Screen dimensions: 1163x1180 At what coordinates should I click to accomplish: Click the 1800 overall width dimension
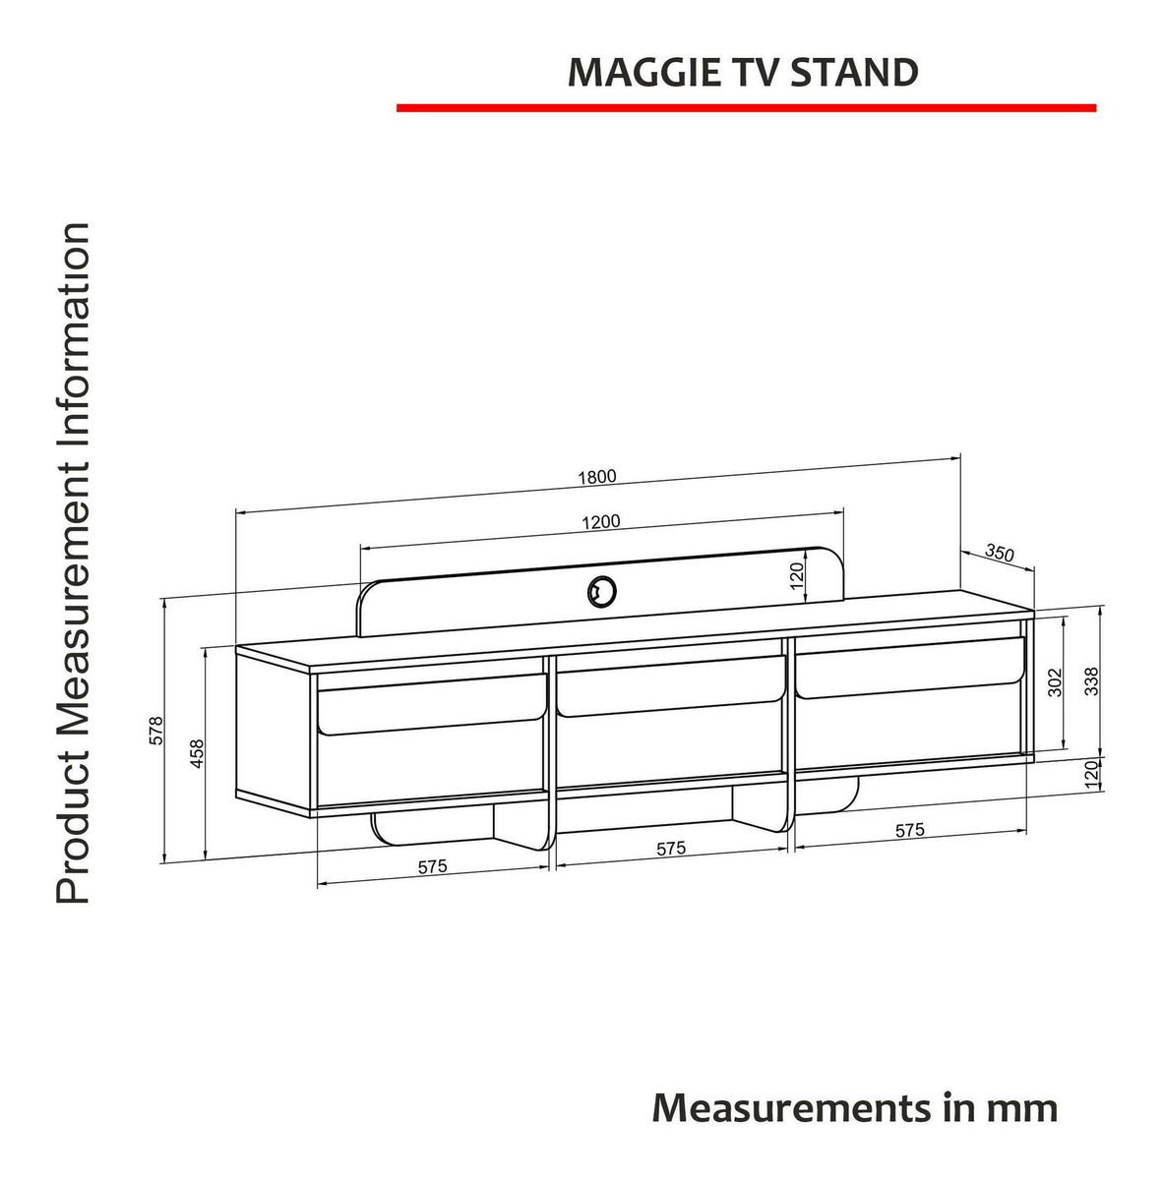coord(597,476)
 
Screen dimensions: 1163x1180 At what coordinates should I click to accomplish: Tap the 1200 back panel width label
coord(600,522)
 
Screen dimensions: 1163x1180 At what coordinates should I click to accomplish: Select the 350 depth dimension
coord(1000,553)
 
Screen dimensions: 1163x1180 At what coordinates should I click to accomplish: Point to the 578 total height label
coord(156,730)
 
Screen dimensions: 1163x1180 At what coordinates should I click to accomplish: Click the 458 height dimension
coord(197,754)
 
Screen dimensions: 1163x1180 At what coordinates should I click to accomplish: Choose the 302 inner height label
coord(1055,682)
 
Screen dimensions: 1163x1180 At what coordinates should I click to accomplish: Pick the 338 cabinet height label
coord(1091,681)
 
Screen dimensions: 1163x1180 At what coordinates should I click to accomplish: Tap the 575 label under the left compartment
coord(433,866)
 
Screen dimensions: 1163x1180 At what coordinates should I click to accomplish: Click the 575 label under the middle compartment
coord(671,848)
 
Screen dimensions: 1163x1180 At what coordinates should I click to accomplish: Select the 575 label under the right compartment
coord(910,830)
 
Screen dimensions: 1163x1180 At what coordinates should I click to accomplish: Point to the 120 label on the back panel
coord(797,575)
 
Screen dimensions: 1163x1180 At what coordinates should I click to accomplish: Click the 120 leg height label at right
coord(1091,775)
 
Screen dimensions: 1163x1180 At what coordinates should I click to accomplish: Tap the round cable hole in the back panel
coord(602,591)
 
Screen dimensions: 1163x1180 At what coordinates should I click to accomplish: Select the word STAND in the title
coord(854,72)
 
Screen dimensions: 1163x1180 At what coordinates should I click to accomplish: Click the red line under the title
coord(747,108)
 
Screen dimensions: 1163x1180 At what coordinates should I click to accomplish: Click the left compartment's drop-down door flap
coord(432,705)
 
